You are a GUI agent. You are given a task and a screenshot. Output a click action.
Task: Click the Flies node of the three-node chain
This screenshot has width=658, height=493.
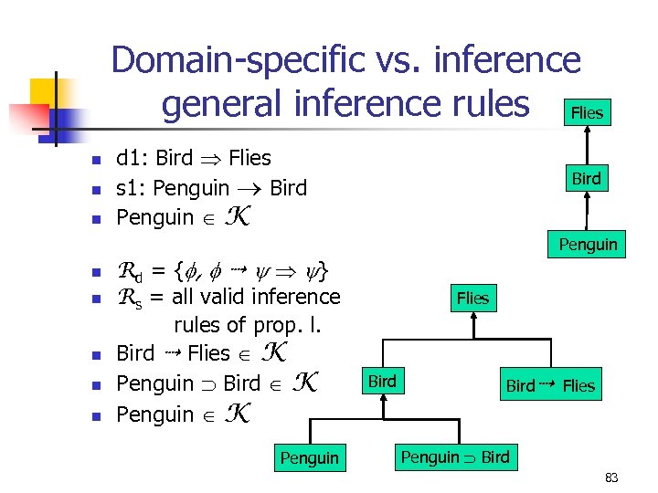coord(587,113)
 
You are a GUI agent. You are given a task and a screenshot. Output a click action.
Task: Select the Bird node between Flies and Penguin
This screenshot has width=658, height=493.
coord(586,179)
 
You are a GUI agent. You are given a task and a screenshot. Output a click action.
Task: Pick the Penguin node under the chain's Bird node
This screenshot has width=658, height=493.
coord(589,244)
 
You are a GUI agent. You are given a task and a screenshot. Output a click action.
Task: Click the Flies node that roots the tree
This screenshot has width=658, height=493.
coord(472,298)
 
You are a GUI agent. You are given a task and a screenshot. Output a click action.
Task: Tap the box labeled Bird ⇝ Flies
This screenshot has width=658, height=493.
coord(550,385)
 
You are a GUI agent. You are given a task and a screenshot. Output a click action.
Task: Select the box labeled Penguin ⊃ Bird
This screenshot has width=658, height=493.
coord(455,456)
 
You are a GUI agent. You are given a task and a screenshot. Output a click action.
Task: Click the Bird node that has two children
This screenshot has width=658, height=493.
coord(382,382)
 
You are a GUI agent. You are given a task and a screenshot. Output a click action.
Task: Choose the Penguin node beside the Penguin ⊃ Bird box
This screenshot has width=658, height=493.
coord(309,457)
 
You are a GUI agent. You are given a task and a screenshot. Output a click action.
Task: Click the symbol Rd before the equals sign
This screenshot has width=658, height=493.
coord(132,271)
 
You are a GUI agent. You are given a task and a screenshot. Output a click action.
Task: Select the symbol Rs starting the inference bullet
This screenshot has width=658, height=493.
coord(131,298)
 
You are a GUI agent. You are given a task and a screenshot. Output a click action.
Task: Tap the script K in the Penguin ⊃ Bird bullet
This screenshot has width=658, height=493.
coord(308,383)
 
